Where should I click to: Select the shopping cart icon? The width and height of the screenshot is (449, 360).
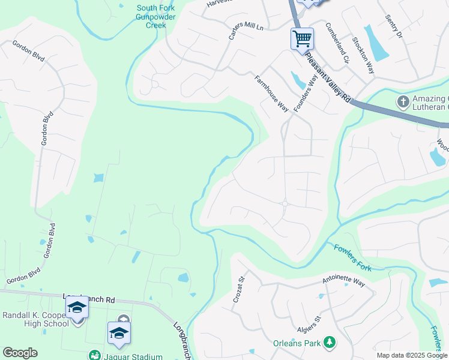click(x=302, y=39)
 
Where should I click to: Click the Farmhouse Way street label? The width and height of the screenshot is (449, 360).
click(x=271, y=94)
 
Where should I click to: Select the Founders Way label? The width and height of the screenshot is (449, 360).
click(x=305, y=91)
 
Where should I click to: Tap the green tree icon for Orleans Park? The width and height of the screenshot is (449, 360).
click(x=329, y=343)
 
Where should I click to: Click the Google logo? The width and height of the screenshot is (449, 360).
click(x=20, y=353)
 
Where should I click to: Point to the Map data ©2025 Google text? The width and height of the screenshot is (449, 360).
click(x=411, y=355)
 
